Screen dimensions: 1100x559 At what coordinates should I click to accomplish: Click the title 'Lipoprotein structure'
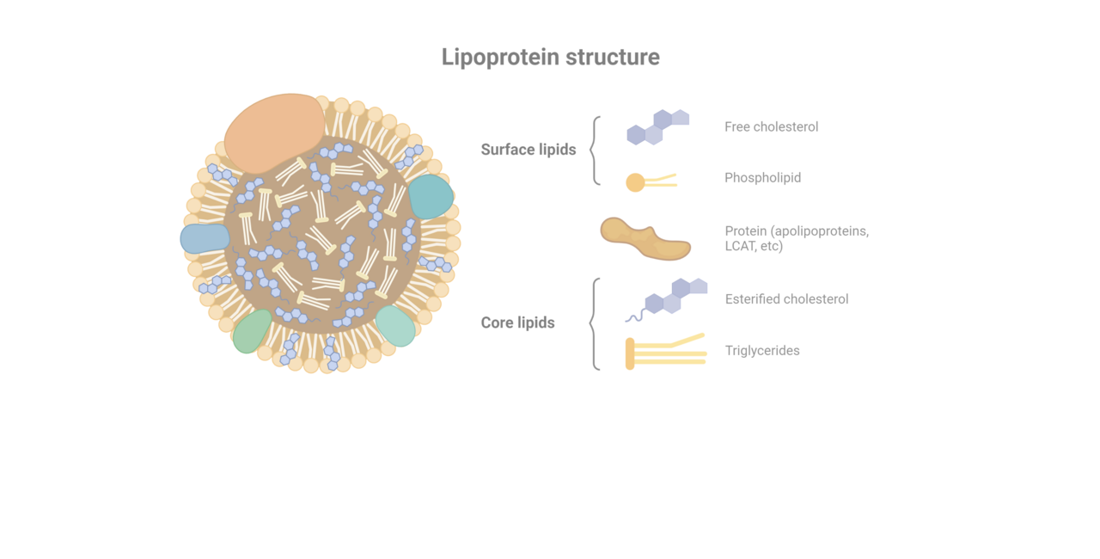point(551,58)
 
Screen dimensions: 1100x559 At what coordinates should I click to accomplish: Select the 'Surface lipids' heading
point(529,150)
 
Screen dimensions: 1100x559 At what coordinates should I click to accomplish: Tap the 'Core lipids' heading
point(517,322)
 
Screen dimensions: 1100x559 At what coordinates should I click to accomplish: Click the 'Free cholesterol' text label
point(772,126)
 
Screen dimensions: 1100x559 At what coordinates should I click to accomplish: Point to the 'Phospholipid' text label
point(762,177)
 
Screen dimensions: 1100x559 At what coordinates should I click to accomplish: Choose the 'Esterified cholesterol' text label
point(786,299)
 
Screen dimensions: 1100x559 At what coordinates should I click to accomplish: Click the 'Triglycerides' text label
point(762,351)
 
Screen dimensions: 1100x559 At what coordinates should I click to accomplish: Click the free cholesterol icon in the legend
point(658,127)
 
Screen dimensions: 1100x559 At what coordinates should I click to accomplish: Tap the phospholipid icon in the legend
point(651,182)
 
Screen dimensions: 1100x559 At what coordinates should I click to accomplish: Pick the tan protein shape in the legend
point(645,239)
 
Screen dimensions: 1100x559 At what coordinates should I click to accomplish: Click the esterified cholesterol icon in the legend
point(666,299)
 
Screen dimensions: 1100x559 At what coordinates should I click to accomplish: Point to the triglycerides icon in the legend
point(666,352)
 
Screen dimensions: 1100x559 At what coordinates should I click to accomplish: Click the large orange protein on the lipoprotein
point(274,133)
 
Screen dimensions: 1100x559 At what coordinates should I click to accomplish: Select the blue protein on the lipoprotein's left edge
point(205,239)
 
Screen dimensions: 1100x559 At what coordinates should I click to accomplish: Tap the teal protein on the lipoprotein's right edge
point(431,196)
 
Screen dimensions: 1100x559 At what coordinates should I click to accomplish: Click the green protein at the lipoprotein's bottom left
point(253,332)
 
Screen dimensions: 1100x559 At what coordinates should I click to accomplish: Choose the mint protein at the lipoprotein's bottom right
point(396,326)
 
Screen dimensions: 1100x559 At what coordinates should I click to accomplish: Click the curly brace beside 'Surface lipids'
point(595,150)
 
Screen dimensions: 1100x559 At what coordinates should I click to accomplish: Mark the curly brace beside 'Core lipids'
point(595,323)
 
